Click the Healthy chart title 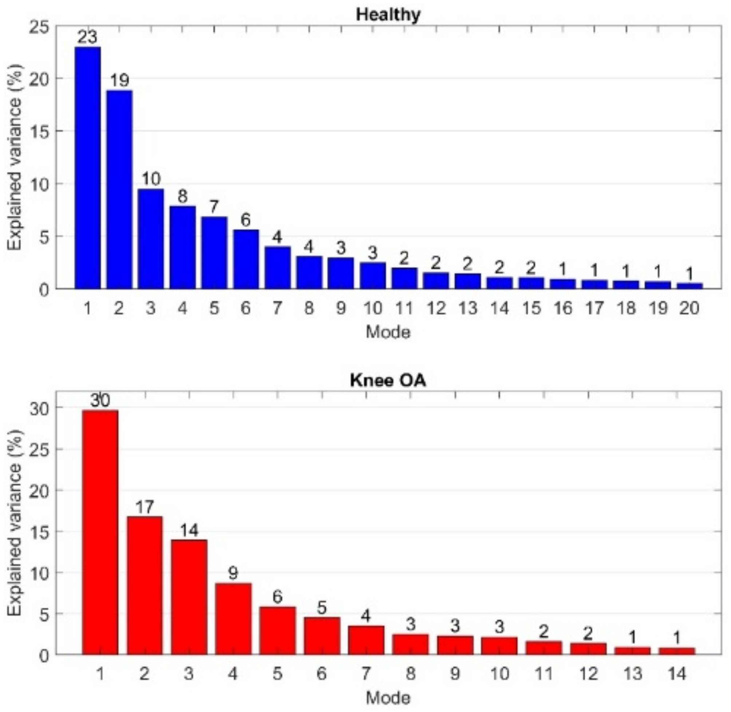click(x=388, y=15)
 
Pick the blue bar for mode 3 click(x=151, y=239)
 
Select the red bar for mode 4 click(x=233, y=619)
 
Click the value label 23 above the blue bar click(x=87, y=37)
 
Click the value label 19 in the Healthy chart click(x=119, y=80)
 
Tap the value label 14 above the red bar click(x=189, y=530)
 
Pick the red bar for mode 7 click(x=366, y=640)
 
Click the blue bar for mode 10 click(x=372, y=276)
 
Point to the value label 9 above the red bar click(x=233, y=573)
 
